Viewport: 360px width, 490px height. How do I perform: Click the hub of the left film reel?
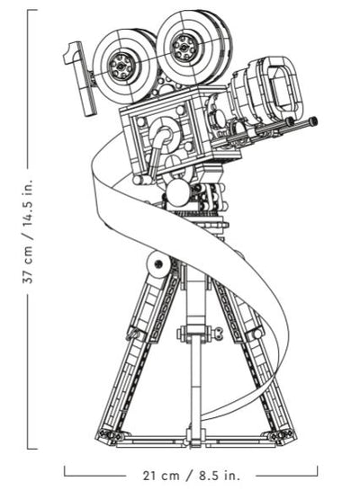[121, 66]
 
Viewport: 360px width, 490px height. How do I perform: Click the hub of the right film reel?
[184, 48]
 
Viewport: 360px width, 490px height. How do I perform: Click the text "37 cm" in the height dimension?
[28, 265]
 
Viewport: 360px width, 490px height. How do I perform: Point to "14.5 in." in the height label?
[28, 203]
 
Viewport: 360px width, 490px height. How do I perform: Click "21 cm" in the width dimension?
[161, 476]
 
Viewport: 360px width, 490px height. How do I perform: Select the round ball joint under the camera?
[177, 192]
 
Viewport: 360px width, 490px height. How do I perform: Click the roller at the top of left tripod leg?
[157, 264]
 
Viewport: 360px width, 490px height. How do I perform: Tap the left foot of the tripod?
[109, 435]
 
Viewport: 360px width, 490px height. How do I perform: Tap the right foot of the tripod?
[280, 435]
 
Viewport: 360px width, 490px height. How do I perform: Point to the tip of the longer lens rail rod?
[313, 120]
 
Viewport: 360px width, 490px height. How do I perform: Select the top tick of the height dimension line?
[32, 10]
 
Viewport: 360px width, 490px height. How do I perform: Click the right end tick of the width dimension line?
[317, 471]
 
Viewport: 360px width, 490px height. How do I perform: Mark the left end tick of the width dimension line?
[65, 471]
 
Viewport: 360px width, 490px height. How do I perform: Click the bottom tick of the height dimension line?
[32, 449]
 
